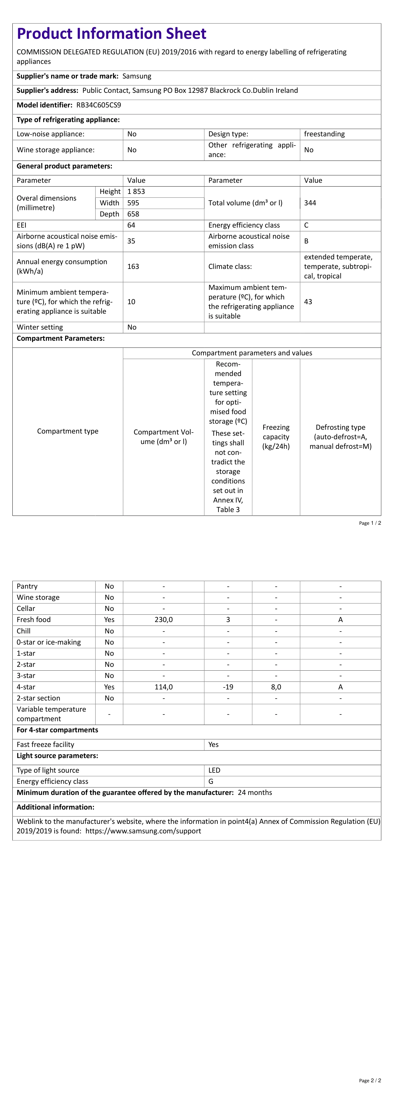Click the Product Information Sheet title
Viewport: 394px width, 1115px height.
[111, 34]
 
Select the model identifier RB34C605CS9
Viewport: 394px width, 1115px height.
[99, 105]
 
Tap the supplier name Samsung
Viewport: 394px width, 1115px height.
[137, 76]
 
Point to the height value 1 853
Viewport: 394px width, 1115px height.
[136, 191]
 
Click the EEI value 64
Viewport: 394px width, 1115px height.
[131, 225]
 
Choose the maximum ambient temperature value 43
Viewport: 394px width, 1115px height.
[308, 302]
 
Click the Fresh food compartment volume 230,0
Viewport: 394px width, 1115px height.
[164, 619]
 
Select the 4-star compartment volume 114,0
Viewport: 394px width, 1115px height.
[164, 687]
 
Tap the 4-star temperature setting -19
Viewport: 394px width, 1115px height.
[228, 687]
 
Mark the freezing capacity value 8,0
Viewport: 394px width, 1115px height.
[276, 687]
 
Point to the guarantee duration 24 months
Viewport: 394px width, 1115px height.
[255, 792]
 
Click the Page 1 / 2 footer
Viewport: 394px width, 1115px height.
[370, 523]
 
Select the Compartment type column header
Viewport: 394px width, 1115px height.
[68, 431]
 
